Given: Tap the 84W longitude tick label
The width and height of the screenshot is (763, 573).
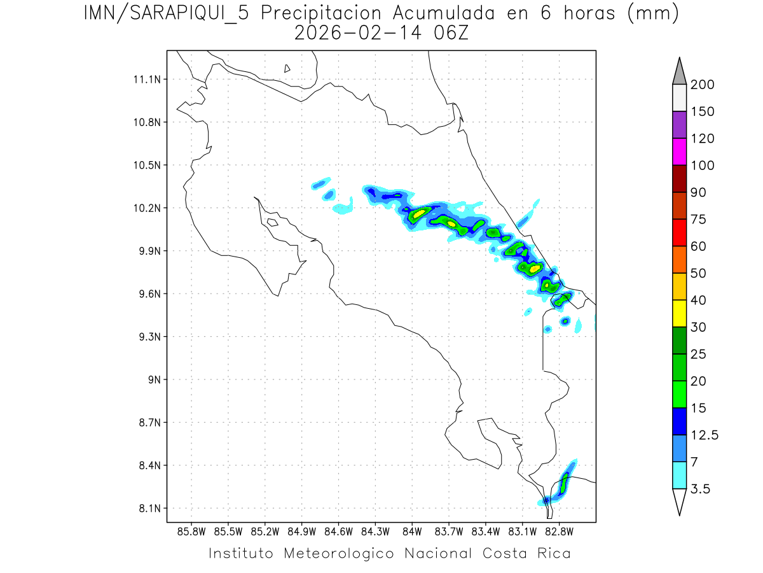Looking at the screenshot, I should (x=412, y=532).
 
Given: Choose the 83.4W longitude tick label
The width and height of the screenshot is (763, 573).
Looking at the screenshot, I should (x=486, y=532).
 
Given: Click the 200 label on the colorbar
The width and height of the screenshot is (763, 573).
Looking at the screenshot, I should (x=702, y=85).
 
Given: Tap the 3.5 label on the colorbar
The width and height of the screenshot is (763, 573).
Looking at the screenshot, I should (x=700, y=489).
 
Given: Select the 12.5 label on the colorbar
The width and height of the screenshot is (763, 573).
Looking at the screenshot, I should (x=704, y=435).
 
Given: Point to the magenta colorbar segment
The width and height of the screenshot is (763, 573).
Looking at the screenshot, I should (x=679, y=152).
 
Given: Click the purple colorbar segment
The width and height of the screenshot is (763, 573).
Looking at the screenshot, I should (x=679, y=125).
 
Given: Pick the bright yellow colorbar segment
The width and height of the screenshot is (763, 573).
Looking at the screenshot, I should (x=679, y=313).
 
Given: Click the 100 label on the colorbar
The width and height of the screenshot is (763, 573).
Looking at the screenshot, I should (x=702, y=166).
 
